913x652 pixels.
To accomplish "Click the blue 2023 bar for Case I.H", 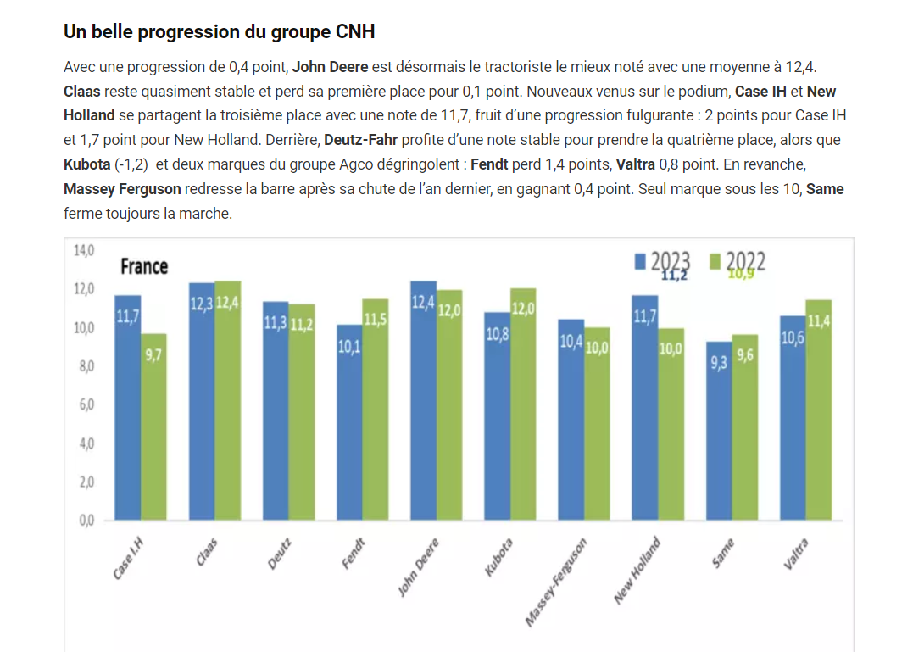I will click(128, 407).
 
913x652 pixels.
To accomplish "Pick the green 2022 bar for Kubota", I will click(522, 404).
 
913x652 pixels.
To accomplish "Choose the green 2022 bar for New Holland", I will click(671, 424).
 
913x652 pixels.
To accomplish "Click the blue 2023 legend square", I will click(641, 260).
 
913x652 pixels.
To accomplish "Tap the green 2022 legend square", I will click(715, 260).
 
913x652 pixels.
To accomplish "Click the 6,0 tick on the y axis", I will click(86, 404).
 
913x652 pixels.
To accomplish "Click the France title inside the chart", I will click(144, 266).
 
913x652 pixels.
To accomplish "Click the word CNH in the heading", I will click(354, 32).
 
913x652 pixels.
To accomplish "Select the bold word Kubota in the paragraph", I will click(86, 164).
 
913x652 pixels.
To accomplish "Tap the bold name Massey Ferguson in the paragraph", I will click(122, 188).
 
